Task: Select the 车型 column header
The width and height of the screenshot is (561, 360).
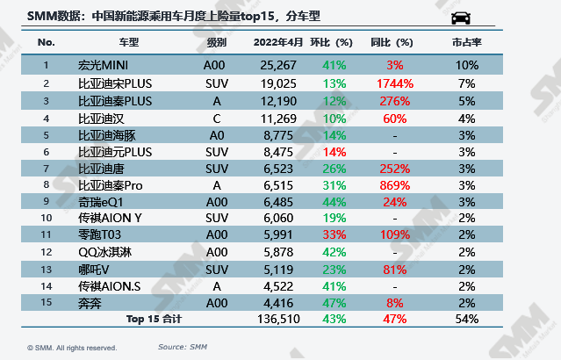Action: point(128,42)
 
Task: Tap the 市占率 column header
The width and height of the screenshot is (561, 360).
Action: point(465,42)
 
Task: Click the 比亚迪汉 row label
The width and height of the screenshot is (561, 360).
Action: point(97,117)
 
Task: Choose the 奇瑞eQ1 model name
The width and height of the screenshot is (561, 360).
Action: point(98,201)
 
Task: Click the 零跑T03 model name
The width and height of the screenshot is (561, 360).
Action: point(99,234)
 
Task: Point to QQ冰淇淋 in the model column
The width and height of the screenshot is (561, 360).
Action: point(104,251)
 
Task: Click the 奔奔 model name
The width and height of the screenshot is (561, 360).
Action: point(90,302)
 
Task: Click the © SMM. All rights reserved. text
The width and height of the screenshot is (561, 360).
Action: point(72,348)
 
